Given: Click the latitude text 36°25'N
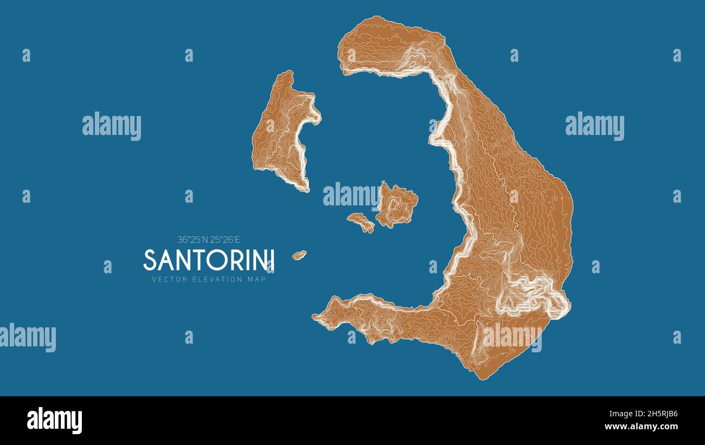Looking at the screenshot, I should point(193,239).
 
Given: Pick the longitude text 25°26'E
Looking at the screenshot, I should point(229,239).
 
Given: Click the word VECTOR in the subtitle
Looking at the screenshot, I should point(166,280).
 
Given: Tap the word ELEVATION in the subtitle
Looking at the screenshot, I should point(211,280).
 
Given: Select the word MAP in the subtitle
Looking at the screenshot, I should point(257,280).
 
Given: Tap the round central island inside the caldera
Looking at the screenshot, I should point(397,205).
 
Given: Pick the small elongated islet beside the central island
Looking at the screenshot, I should point(361,222).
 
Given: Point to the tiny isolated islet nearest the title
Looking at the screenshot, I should point(299,254).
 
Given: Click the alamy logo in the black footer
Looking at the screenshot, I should point(54,421).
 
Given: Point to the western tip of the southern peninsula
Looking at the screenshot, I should point(316,317).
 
